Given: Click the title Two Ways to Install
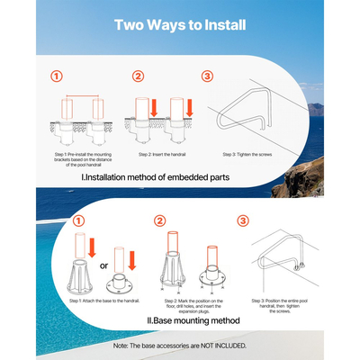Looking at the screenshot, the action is click(x=180, y=25).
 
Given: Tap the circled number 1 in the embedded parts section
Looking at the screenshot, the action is click(x=57, y=76).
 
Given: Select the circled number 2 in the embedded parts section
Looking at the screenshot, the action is click(x=138, y=76).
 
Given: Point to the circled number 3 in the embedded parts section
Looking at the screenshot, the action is click(x=207, y=76).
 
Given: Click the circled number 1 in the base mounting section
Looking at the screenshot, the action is click(x=78, y=221).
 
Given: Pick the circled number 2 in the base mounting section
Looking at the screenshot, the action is click(x=159, y=221).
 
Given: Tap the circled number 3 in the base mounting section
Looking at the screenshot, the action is click(x=243, y=221).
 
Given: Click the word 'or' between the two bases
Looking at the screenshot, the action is click(x=103, y=266).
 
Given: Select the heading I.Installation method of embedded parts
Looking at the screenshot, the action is click(x=156, y=177).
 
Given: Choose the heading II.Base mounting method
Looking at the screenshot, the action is click(x=193, y=320).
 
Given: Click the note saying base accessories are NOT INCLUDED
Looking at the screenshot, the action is click(x=180, y=346).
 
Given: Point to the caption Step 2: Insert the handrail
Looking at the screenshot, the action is click(x=162, y=155).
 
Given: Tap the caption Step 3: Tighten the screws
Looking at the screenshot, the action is click(x=247, y=155).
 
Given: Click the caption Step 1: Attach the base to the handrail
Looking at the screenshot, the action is click(x=104, y=301).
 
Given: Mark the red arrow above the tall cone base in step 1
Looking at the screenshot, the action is click(x=92, y=247).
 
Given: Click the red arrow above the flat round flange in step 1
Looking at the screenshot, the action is click(x=132, y=260).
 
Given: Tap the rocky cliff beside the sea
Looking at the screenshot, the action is click(x=300, y=178).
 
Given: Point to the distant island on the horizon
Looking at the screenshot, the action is click(x=316, y=110).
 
